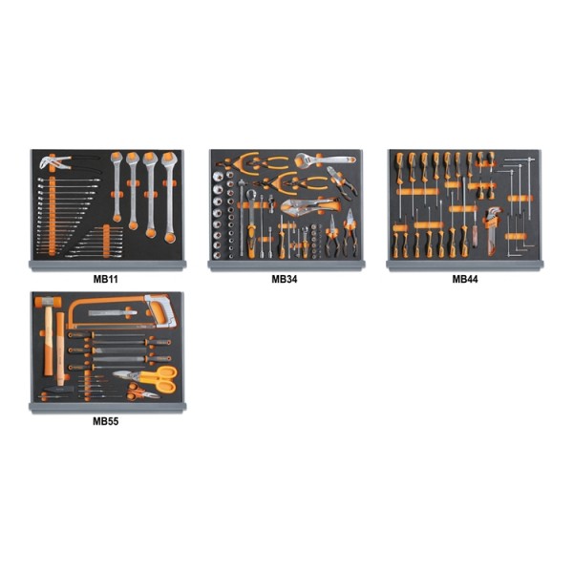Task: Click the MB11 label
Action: (x=106, y=279)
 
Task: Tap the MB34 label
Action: (x=285, y=279)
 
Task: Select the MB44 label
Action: (x=465, y=279)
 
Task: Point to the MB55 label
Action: (x=106, y=421)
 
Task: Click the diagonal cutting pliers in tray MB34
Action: (x=342, y=180)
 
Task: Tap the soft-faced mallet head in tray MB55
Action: (x=48, y=302)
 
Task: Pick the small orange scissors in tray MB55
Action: (x=142, y=393)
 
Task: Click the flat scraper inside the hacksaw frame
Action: (x=113, y=313)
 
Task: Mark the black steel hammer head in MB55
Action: (x=57, y=390)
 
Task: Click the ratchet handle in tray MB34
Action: (x=252, y=223)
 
